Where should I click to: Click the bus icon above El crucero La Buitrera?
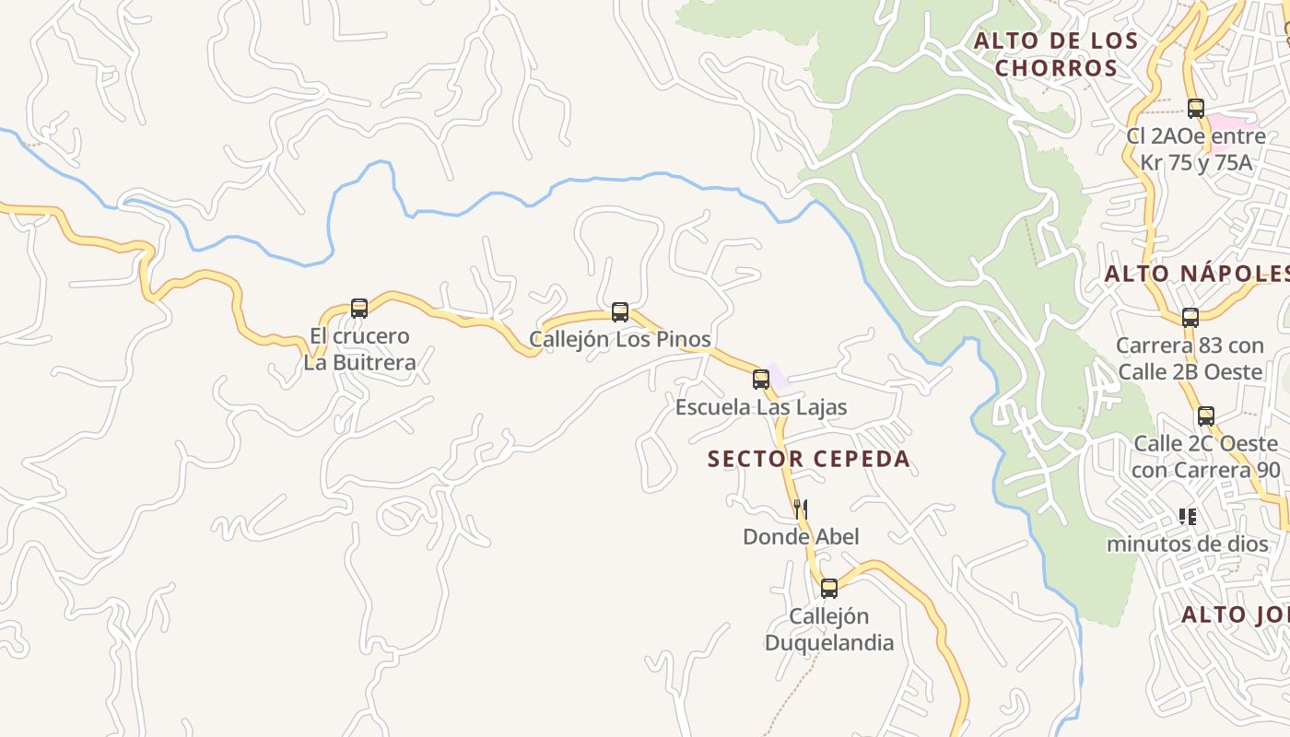point(359,309)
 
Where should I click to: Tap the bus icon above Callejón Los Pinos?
point(620,312)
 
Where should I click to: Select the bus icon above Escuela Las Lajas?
point(761,380)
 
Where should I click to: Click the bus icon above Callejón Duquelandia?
point(829,589)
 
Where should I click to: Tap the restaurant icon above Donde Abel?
point(801,509)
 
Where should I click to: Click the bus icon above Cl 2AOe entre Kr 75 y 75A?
point(1196,109)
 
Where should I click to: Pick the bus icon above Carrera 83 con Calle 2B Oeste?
point(1190,318)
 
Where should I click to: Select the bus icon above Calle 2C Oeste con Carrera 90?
point(1206,416)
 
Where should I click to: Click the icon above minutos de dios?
point(1188,517)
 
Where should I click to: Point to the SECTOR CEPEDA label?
point(808,459)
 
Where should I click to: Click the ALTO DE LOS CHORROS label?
point(1056,54)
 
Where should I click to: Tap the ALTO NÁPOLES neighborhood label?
point(1197,274)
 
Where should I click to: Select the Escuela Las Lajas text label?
point(761,407)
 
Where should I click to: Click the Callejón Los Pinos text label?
point(620,339)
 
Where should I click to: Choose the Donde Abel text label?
point(801,536)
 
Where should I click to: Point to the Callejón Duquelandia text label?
point(829,629)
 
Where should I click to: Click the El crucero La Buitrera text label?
point(359,349)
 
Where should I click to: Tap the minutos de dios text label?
point(1187,544)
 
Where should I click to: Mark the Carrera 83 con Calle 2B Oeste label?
point(1189,358)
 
